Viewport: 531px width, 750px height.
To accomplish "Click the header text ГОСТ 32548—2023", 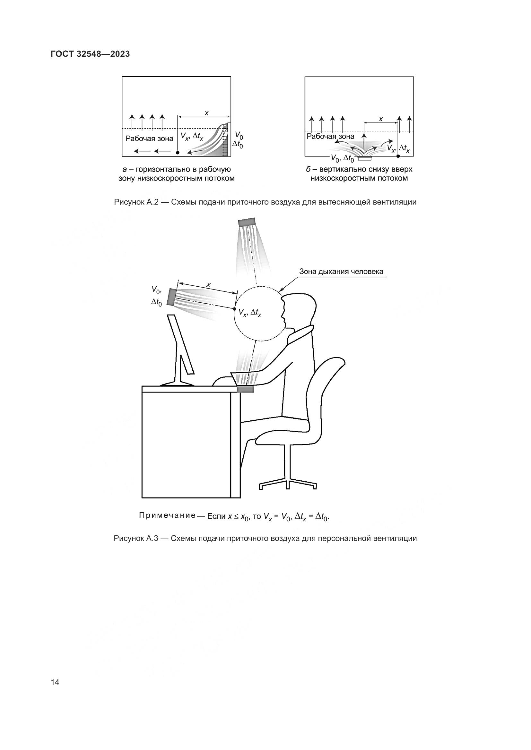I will click(90, 54).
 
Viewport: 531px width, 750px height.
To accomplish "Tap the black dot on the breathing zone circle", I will click(234, 309).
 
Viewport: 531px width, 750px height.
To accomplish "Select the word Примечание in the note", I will click(167, 516).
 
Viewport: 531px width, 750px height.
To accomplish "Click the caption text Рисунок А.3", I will click(136, 538).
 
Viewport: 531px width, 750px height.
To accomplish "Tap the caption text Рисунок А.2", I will click(136, 202).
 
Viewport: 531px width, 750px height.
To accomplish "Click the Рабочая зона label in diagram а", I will click(149, 139).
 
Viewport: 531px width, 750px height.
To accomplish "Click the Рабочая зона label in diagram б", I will click(330, 136).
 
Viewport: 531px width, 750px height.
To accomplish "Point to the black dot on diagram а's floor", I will click(177, 153).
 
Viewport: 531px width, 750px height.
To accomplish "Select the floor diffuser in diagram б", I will click(364, 158).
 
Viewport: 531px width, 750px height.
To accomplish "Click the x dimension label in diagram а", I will click(206, 113).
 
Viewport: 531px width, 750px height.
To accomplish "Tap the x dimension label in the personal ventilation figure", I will click(208, 284).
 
